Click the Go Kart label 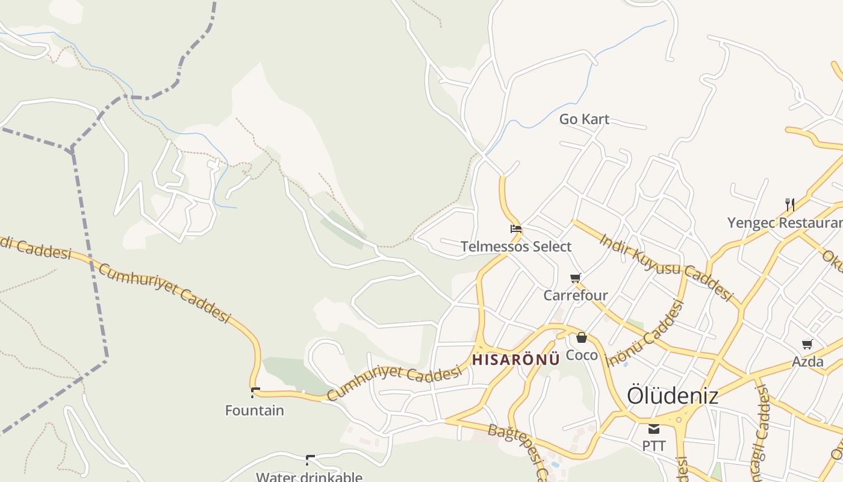tap(584, 119)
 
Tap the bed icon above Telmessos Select tap(516, 229)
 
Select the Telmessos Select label tap(516, 246)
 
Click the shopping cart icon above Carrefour tap(575, 278)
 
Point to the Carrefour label tap(576, 295)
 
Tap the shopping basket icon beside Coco tap(581, 337)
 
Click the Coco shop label tap(582, 355)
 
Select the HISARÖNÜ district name tap(516, 360)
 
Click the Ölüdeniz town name tap(673, 396)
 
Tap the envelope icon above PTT tap(654, 429)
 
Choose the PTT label tap(654, 446)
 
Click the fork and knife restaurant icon tap(789, 205)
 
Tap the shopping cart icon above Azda tap(807, 344)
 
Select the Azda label tap(807, 361)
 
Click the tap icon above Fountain tap(255, 393)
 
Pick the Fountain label tap(254, 411)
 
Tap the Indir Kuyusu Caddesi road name tap(666, 267)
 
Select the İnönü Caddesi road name tap(645, 333)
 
